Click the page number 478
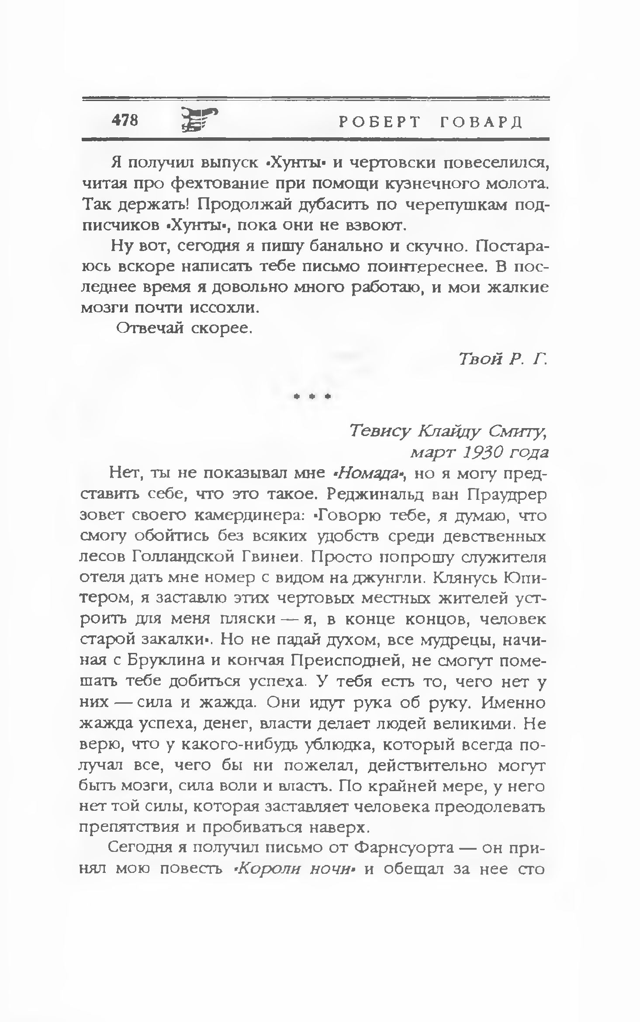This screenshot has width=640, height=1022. click(x=125, y=119)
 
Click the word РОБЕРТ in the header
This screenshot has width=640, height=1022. click(x=379, y=122)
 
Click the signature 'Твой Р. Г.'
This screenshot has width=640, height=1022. click(x=503, y=359)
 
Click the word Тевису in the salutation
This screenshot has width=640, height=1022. click(x=380, y=432)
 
